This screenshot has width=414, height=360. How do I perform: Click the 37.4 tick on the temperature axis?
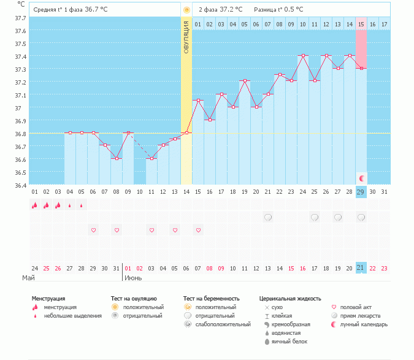click(x=20, y=56)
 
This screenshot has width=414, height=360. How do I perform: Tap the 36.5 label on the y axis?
click(x=20, y=172)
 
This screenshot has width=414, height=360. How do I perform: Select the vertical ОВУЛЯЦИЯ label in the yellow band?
click(x=186, y=36)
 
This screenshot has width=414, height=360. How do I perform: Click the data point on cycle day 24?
click(x=303, y=55)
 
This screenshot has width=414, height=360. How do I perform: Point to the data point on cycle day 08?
click(x=117, y=158)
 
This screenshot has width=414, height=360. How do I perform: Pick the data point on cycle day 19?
click(x=245, y=80)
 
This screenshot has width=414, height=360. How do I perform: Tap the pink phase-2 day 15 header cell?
click(x=361, y=24)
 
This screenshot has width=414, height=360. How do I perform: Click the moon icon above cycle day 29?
click(x=362, y=178)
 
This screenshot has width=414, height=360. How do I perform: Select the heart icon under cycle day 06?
click(x=93, y=230)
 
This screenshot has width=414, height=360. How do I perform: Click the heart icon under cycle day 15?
click(x=198, y=230)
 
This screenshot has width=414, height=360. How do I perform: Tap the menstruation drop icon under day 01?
click(x=35, y=205)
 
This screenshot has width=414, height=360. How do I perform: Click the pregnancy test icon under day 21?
click(x=268, y=217)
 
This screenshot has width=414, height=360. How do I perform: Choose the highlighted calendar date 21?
click(x=361, y=268)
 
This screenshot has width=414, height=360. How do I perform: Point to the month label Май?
click(x=28, y=278)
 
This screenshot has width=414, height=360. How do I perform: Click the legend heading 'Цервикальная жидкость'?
click(x=290, y=299)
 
